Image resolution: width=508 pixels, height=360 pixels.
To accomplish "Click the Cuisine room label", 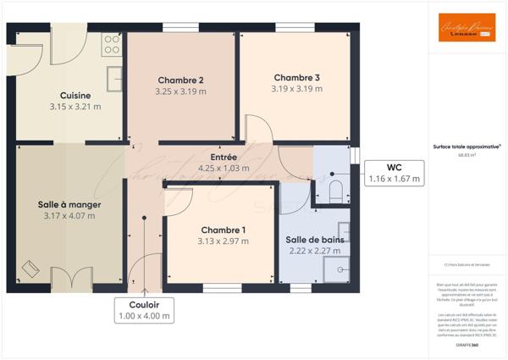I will [75, 95].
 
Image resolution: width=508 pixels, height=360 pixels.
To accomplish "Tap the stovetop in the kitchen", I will [112, 44].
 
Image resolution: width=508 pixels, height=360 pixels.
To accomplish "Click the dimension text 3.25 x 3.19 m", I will [180, 91].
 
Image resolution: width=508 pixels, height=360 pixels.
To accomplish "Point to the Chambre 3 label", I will [295, 76].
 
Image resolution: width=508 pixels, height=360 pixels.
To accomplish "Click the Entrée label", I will [224, 157].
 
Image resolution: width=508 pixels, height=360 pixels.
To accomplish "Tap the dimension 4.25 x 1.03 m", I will [224, 168].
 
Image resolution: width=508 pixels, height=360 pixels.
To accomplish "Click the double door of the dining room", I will [69, 278].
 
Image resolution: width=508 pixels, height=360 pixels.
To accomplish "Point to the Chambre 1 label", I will [224, 230].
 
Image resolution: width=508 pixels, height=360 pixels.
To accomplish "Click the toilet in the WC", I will [335, 190].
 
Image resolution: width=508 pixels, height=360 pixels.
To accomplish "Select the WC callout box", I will [394, 173].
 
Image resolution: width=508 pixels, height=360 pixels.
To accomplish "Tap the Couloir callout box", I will [144, 309].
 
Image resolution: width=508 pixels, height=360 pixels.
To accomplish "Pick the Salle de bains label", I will [314, 240].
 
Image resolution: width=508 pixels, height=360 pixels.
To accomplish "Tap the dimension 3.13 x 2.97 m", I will [224, 241].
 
